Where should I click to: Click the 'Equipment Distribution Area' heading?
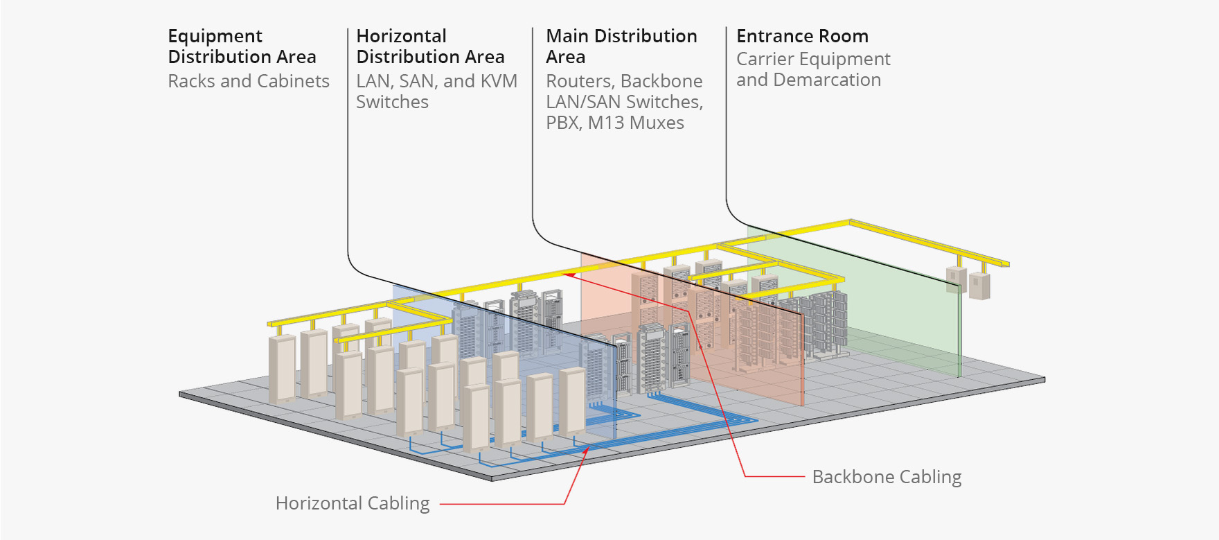click(242, 46)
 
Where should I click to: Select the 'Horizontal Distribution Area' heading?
click(430, 46)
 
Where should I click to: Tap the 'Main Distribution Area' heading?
click(621, 46)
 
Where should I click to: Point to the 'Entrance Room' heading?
click(802, 36)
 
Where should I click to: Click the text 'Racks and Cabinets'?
click(249, 81)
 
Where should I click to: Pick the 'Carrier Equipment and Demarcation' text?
click(813, 69)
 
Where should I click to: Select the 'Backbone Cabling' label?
click(887, 477)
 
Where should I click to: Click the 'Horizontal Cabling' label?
click(353, 503)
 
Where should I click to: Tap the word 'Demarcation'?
click(827, 80)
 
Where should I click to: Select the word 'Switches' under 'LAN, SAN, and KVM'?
click(392, 102)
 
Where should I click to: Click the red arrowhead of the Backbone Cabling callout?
click(566, 275)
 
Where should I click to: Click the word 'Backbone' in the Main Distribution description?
click(662, 81)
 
